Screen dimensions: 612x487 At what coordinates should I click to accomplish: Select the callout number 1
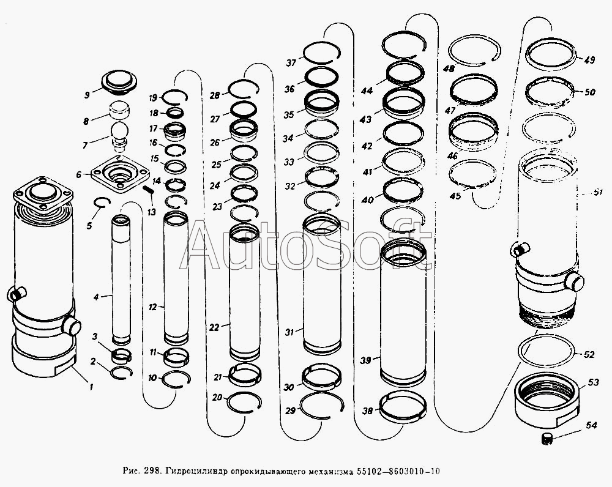pyautogui.click(x=91, y=386)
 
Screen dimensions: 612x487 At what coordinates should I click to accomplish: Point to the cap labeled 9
pyautogui.click(x=118, y=80)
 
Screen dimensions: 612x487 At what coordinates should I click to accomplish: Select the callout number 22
pyautogui.click(x=214, y=328)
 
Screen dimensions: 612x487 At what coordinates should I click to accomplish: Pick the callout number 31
pyautogui.click(x=290, y=332)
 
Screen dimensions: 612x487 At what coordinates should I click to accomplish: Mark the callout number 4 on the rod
pyautogui.click(x=95, y=297)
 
